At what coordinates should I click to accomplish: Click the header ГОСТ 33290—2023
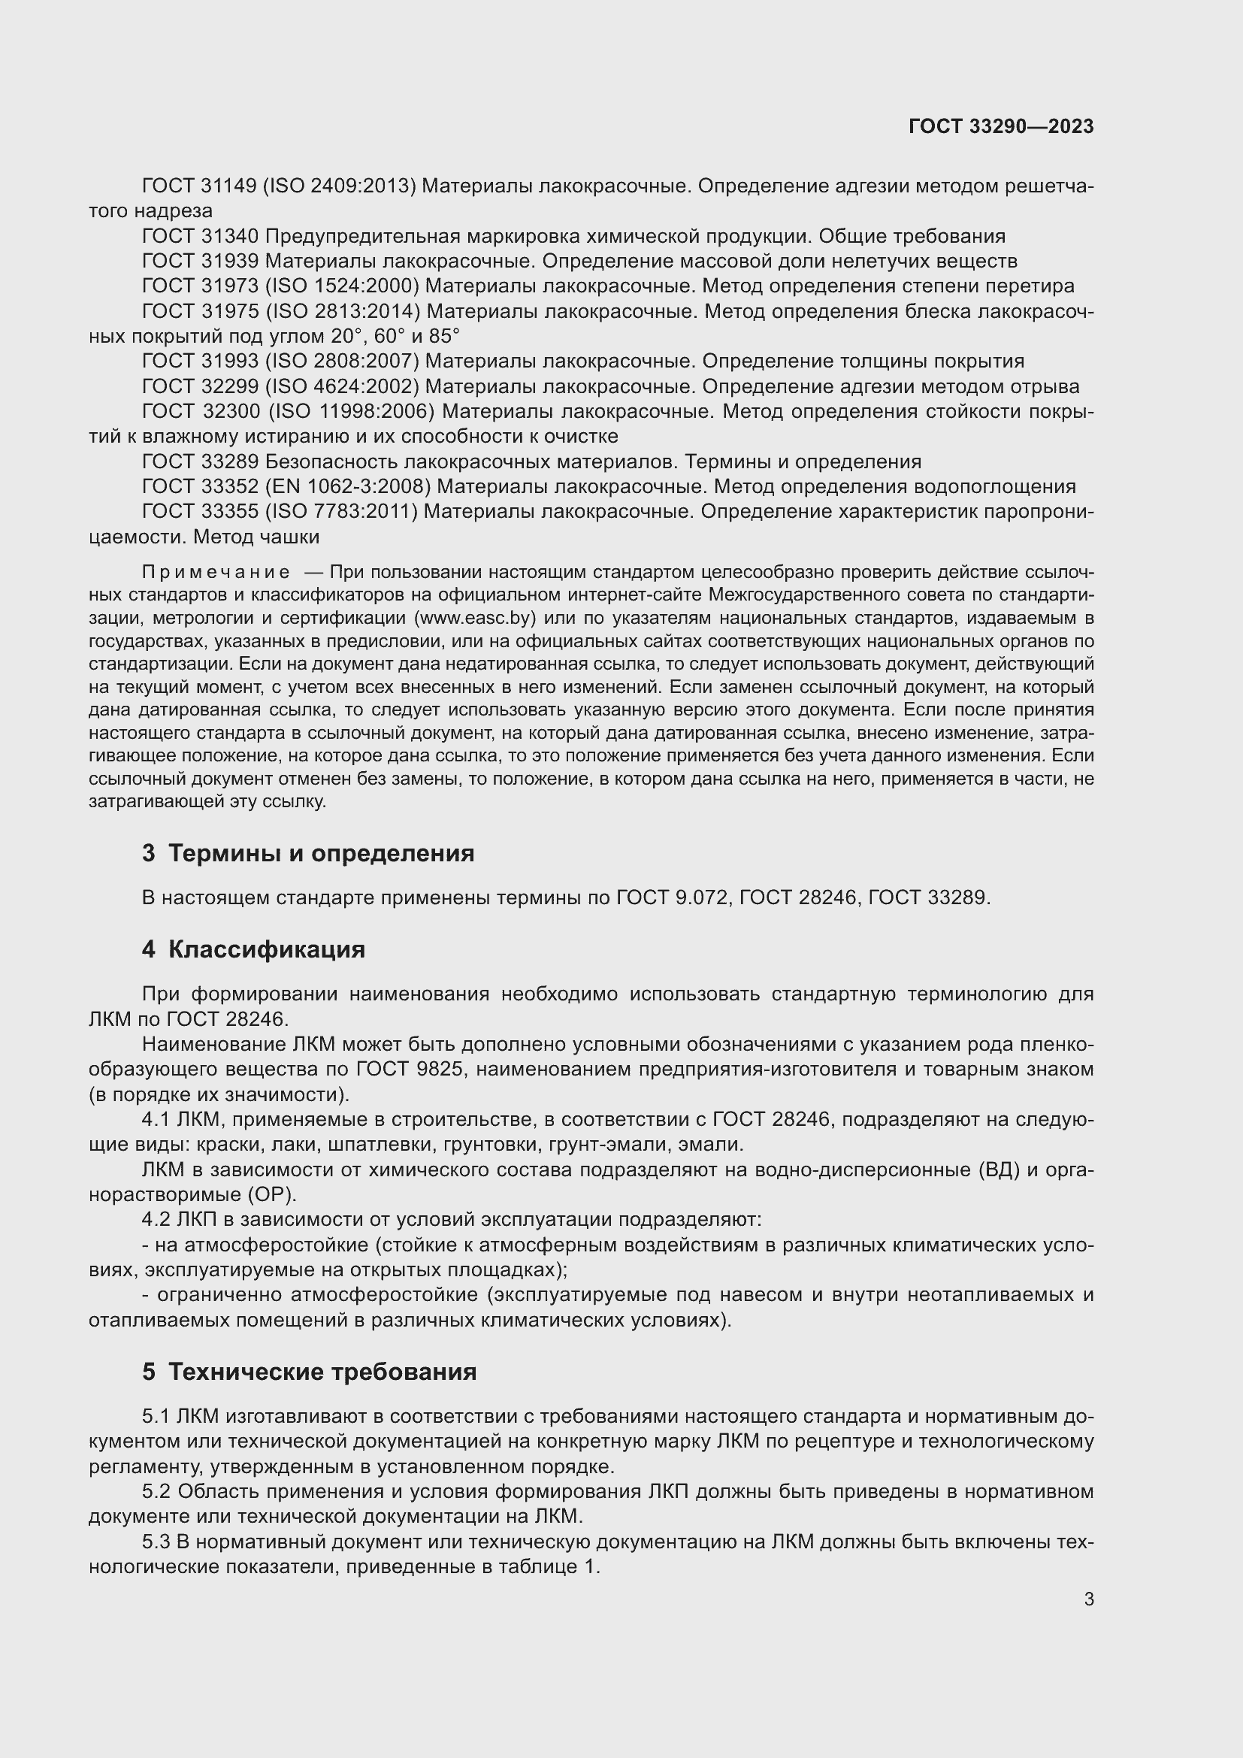[1000, 126]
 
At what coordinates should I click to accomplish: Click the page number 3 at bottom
[1088, 1599]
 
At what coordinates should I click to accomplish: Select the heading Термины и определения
[321, 853]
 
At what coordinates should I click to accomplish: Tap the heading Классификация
[266, 949]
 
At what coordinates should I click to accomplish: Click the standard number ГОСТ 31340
[200, 237]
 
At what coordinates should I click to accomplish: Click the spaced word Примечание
[216, 572]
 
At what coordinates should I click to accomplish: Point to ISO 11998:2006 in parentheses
[350, 412]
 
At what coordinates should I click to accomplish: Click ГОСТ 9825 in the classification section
[410, 1069]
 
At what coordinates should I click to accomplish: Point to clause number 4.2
[157, 1220]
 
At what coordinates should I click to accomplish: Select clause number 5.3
[157, 1542]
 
